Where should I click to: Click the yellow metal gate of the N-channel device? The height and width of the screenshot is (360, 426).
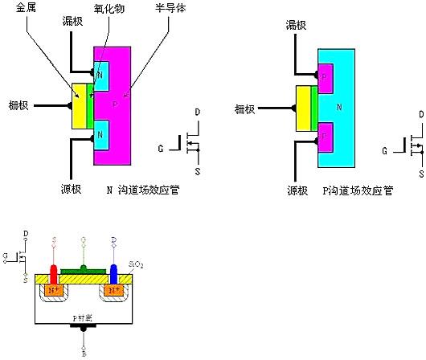coord(80,105)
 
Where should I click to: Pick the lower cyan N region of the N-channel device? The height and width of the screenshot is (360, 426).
coord(100,136)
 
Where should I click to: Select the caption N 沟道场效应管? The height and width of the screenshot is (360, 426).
coord(142,190)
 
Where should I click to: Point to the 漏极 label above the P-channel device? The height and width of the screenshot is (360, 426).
coord(297,27)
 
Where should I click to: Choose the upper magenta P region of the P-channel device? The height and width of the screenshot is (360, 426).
coord(326,76)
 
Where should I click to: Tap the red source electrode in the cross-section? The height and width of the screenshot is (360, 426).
coord(55,272)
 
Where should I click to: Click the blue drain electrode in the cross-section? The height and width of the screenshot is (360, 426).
coord(113,272)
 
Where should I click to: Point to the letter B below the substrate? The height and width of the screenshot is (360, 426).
coord(84,351)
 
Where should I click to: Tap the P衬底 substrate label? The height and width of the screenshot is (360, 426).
coord(84,318)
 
